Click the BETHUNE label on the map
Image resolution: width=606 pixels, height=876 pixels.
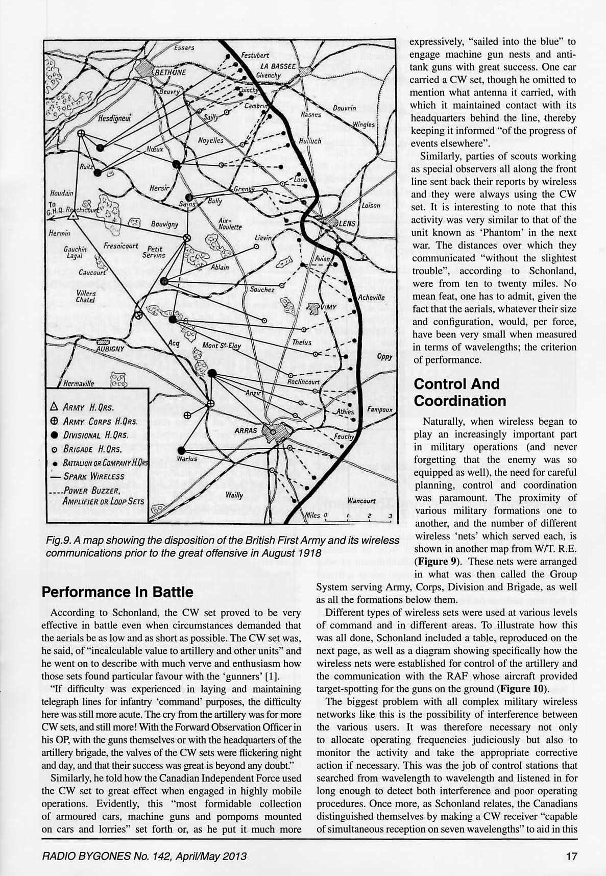point(170,72)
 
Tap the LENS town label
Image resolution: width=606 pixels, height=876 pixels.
point(347,224)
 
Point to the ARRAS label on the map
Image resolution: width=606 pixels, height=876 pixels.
point(246,430)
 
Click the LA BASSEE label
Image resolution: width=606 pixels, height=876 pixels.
point(278,66)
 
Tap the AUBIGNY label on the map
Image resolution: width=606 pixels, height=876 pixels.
point(110,349)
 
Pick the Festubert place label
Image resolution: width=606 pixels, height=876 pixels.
point(255,55)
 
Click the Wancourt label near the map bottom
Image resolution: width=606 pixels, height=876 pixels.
point(361,501)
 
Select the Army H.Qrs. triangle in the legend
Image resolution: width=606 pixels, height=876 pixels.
point(55,407)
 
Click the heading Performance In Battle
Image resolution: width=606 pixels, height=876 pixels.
point(117,592)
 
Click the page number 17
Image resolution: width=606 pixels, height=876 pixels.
point(571,856)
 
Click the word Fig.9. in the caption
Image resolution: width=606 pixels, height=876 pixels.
point(58,540)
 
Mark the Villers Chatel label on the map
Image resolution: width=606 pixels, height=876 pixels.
point(85,297)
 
